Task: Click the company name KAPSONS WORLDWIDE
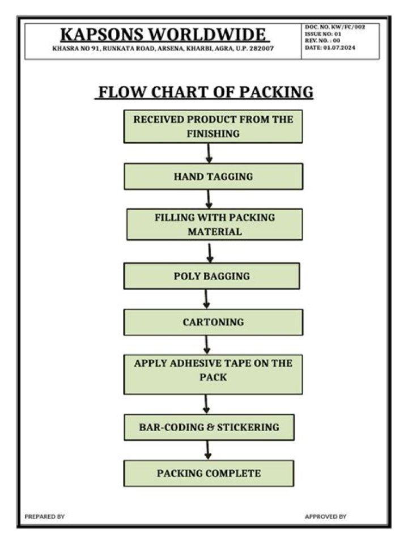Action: [163, 34]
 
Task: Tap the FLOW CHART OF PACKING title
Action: [204, 92]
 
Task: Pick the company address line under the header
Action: [163, 49]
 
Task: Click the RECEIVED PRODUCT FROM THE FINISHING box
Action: [213, 126]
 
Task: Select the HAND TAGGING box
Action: [213, 176]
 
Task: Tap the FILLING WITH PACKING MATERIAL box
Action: [214, 224]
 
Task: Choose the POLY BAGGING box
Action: [211, 276]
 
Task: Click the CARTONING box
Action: [213, 322]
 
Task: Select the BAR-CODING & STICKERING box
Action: [209, 427]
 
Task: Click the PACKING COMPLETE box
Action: [209, 473]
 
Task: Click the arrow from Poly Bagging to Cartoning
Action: [207, 299]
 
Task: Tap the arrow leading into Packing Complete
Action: [208, 450]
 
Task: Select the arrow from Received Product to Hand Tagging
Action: [209, 153]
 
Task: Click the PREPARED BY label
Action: [45, 516]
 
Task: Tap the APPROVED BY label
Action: [325, 516]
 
